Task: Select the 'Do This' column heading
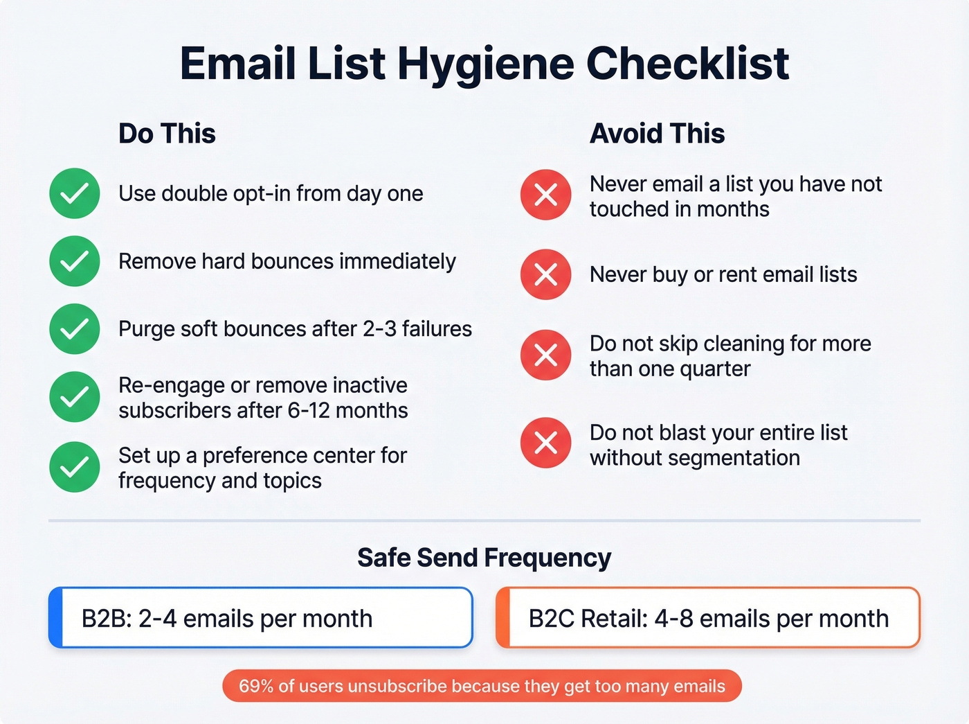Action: (167, 133)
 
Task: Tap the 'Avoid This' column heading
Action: (657, 133)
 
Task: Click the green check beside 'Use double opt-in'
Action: (75, 193)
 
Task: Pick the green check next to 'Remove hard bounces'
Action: (75, 261)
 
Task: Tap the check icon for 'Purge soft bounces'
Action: (75, 328)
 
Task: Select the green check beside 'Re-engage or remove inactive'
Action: (75, 397)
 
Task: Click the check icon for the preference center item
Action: (75, 467)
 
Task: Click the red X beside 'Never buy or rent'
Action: (546, 274)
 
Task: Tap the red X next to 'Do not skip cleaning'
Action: (546, 355)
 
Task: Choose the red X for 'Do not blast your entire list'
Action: (546, 443)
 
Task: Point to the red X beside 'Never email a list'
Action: (546, 195)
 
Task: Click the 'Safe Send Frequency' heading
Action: (484, 558)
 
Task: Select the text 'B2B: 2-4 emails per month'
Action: (227, 618)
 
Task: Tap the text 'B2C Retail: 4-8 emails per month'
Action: (708, 618)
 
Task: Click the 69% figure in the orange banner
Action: (255, 686)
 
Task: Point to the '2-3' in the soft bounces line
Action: (379, 328)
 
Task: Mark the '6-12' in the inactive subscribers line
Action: (308, 410)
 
